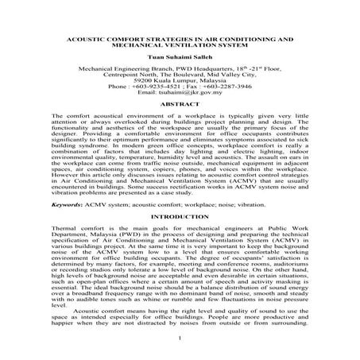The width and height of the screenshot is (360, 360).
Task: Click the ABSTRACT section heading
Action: (180, 126)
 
